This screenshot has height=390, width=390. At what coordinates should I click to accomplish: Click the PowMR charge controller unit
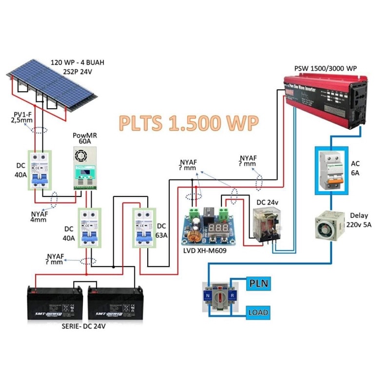85,168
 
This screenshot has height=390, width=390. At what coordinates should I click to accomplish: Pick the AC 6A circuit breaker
331,170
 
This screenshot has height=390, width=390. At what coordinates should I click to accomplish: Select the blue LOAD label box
258,312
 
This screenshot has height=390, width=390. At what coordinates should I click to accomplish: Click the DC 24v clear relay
267,225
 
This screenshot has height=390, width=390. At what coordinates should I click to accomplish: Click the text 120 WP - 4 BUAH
78,63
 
